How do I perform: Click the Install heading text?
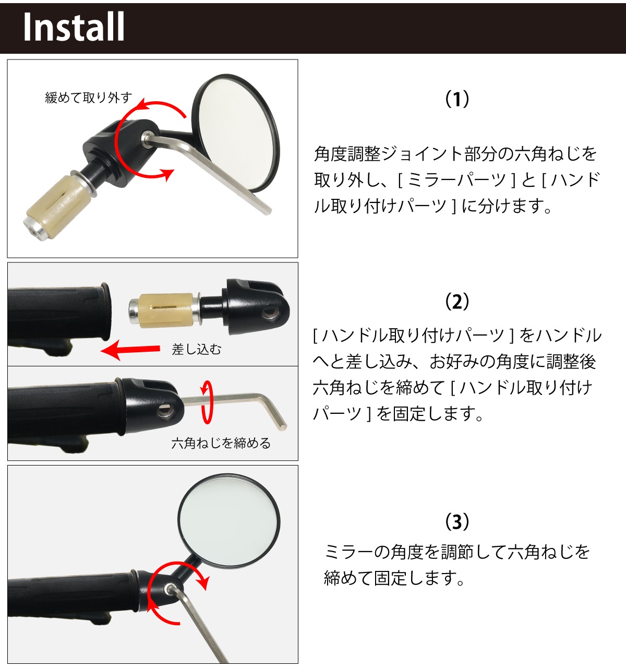coord(74,27)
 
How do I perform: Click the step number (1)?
coord(457,99)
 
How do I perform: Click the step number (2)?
coord(457,302)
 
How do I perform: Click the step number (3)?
coord(457,521)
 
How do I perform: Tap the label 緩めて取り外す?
coord(88,98)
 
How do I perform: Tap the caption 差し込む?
coord(196,349)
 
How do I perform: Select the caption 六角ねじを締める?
coord(221,443)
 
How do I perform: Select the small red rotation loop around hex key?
coord(208,402)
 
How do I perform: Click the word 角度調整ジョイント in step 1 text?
coord(388,154)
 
